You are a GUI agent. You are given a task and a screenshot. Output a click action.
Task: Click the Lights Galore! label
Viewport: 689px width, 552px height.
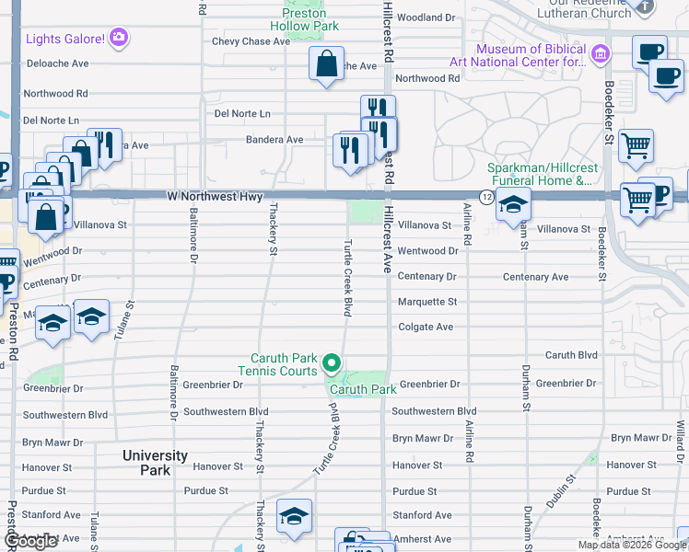[x=64, y=38]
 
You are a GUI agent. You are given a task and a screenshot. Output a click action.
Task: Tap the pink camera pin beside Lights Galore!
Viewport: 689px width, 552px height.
[x=119, y=38]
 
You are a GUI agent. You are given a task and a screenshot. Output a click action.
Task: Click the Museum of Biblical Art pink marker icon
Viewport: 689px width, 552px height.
[x=601, y=53]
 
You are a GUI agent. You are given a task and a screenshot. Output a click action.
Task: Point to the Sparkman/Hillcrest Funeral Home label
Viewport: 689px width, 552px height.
[x=542, y=174]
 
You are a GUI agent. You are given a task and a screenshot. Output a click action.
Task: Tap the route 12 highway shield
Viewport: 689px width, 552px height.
[x=485, y=197]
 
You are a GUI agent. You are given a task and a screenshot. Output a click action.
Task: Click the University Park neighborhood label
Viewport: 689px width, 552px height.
[x=156, y=463]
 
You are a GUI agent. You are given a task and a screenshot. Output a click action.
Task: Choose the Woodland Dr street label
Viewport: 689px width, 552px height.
[x=426, y=17]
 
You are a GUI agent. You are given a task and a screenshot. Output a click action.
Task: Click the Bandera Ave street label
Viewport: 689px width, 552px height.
[x=274, y=140]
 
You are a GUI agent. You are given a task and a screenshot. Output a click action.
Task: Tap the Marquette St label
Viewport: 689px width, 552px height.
[x=426, y=302]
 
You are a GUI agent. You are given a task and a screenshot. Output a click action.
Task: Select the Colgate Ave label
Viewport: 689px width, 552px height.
[x=425, y=327]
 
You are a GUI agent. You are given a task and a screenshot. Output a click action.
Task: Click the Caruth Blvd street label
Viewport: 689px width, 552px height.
[x=571, y=355]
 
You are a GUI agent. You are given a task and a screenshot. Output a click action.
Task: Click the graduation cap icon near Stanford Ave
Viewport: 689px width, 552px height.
[x=294, y=517]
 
